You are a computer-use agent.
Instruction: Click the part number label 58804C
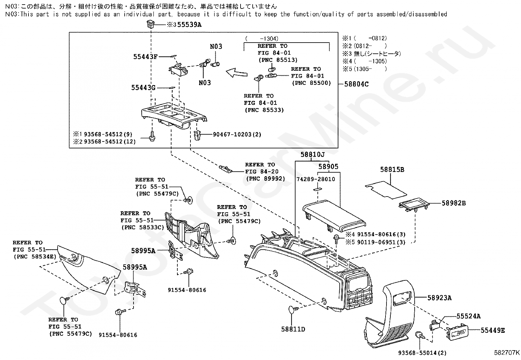(x=356, y=84)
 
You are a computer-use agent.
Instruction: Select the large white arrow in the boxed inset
(x=237, y=72)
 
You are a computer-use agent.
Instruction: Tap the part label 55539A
(x=189, y=25)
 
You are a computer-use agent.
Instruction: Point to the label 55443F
(x=145, y=57)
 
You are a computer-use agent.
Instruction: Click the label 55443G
(x=143, y=87)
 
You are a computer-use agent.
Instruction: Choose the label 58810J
(x=313, y=154)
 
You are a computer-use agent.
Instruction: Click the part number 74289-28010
(x=316, y=179)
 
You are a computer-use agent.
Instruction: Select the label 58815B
(x=392, y=170)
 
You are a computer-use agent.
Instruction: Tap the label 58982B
(x=454, y=203)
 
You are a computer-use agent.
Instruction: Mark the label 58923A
(x=440, y=297)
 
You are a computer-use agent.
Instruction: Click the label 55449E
(x=493, y=330)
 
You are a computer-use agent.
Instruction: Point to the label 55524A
(x=468, y=316)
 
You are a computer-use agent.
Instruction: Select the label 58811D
(x=293, y=329)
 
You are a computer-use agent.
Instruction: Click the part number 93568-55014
(x=418, y=353)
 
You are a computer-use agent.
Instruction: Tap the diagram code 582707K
(x=507, y=353)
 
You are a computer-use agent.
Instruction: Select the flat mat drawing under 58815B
(x=386, y=190)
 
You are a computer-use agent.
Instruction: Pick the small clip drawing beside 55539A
(x=151, y=24)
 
